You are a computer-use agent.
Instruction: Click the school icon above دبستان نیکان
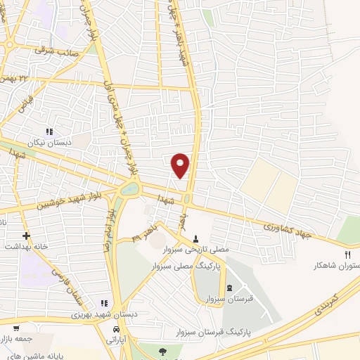pos(49,131)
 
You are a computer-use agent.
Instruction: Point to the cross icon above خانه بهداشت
pos(27,236)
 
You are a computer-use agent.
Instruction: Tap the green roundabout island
pos(130,188)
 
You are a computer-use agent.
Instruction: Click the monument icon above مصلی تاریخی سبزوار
pos(195,239)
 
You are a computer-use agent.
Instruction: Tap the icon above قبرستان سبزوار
pos(230,288)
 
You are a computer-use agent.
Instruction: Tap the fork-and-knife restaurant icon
pos(347,255)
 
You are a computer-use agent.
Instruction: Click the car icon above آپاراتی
pos(117,328)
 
